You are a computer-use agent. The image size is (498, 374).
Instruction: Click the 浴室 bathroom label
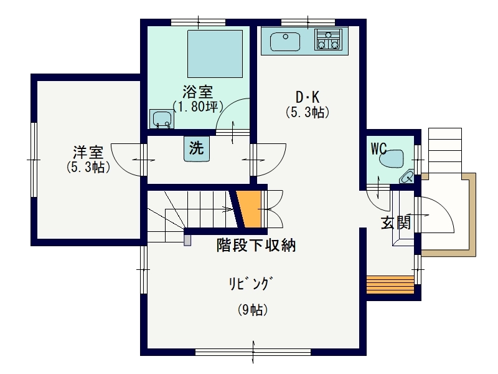click(x=197, y=92)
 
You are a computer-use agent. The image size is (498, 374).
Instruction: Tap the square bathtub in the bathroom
click(x=215, y=54)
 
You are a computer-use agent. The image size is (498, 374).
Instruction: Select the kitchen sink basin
click(x=285, y=42)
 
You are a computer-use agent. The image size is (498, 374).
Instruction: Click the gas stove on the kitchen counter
click(x=329, y=39)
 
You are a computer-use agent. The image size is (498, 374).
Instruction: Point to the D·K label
click(x=307, y=97)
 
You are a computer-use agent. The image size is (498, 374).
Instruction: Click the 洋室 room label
click(x=88, y=152)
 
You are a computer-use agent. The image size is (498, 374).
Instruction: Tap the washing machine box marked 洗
click(x=197, y=148)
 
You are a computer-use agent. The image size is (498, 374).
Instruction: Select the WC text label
click(x=378, y=148)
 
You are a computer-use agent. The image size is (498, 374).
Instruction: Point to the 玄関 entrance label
click(x=396, y=223)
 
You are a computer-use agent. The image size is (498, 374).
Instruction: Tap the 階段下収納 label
click(x=256, y=245)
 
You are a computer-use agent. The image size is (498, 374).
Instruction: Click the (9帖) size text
click(x=253, y=309)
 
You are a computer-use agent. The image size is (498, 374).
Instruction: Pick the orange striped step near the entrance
click(x=390, y=285)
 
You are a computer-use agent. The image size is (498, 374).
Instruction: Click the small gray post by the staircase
click(x=187, y=240)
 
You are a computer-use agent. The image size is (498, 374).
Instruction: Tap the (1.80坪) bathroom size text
click(x=197, y=107)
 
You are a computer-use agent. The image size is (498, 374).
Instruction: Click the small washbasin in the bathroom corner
click(x=162, y=119)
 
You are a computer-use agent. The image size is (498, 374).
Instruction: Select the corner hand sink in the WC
click(x=407, y=177)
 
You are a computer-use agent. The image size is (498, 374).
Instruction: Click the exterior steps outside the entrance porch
click(x=445, y=150)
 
